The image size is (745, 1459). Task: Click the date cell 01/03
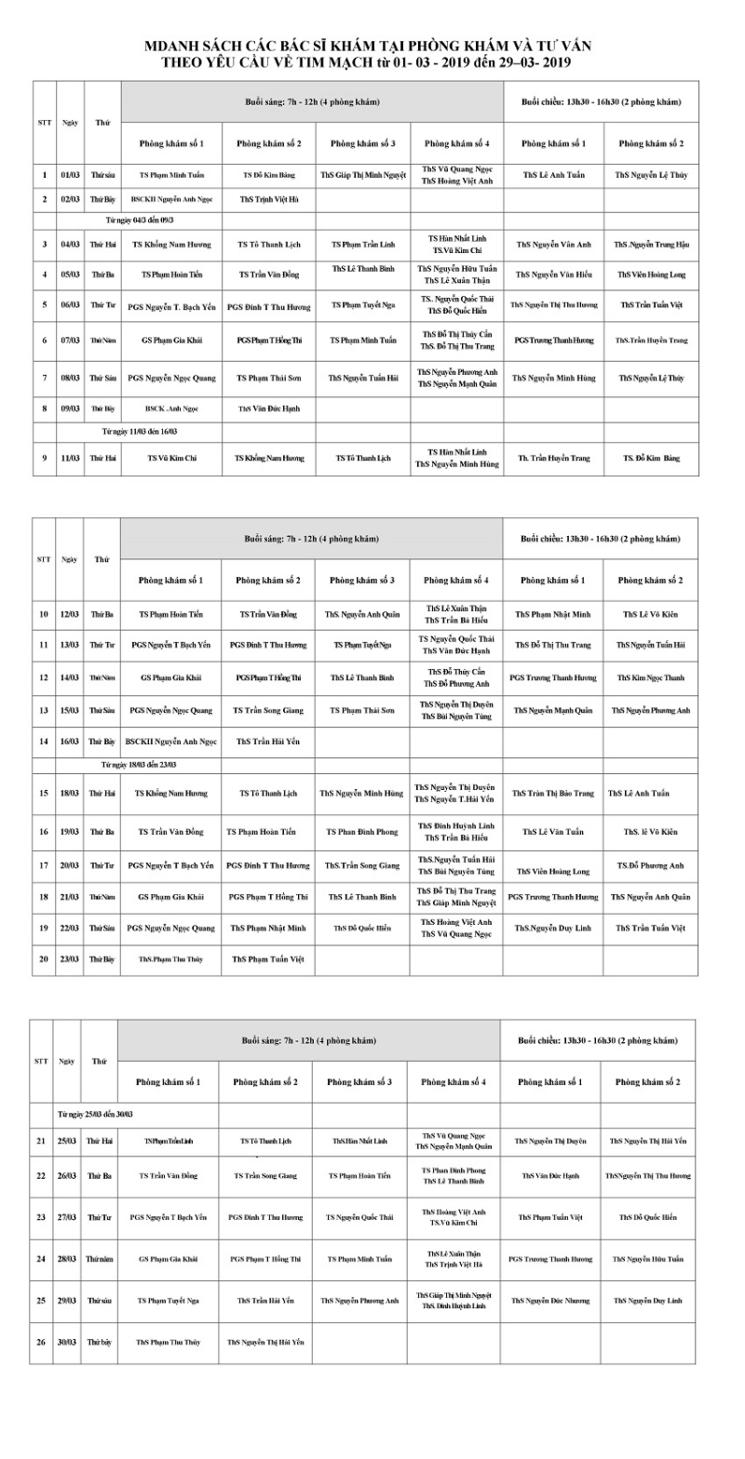point(70,174)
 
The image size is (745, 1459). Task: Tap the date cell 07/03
point(70,340)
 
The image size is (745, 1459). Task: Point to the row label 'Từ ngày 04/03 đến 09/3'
point(140,220)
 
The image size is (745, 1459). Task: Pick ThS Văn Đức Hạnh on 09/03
point(268,408)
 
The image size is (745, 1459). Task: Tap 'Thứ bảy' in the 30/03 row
point(99,1343)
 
